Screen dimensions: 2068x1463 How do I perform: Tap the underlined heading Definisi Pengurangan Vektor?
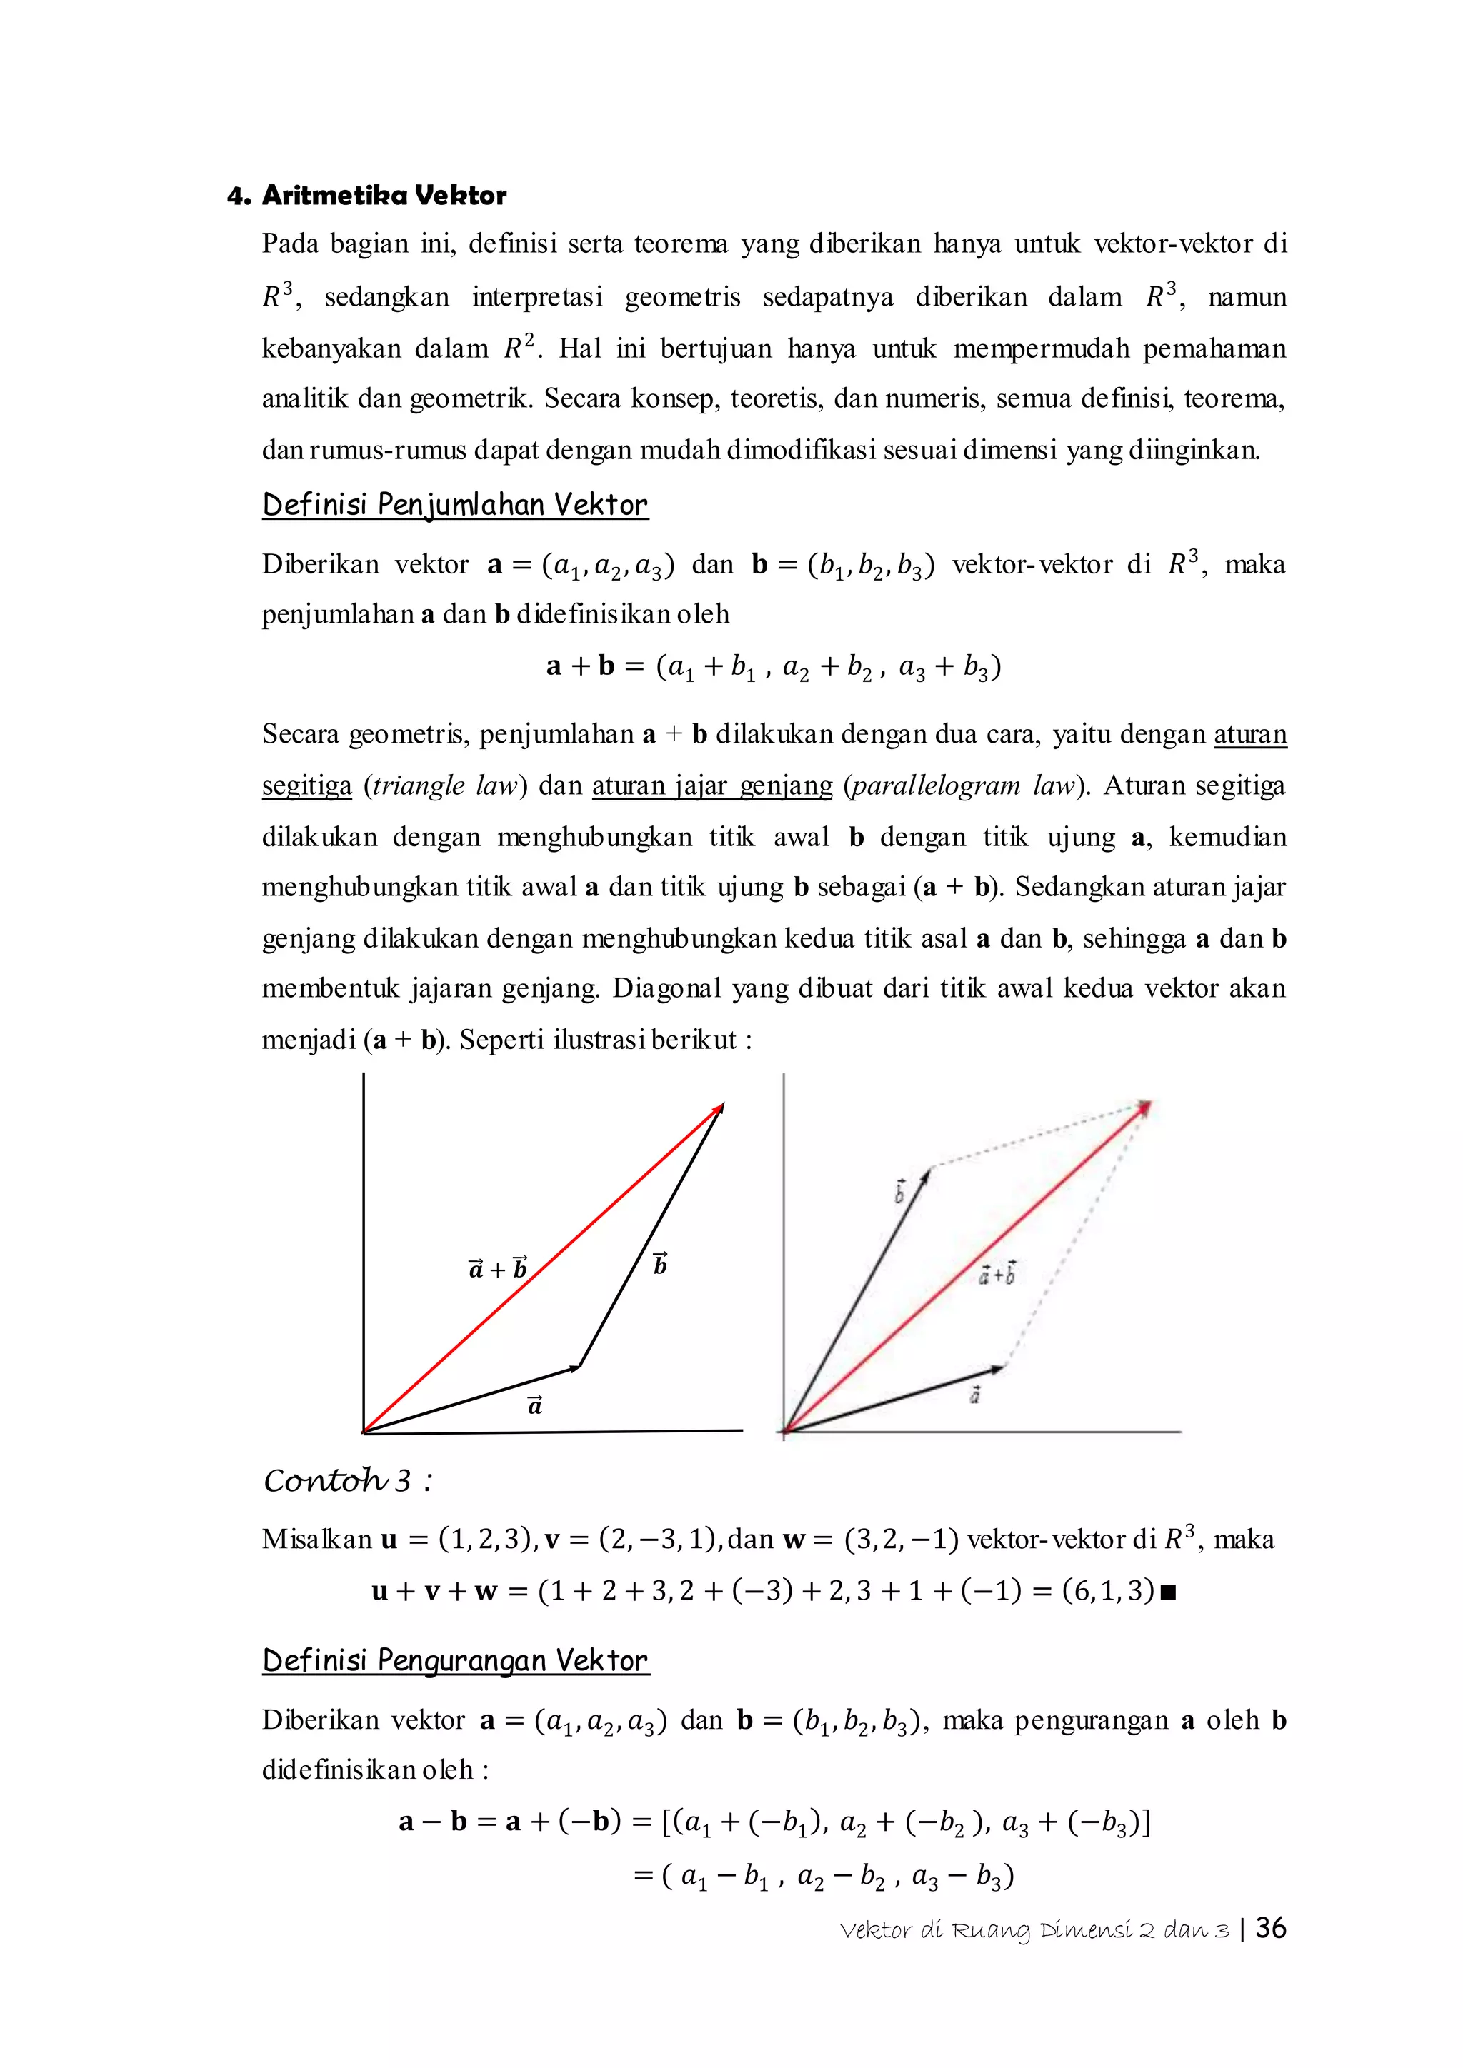pos(455,1660)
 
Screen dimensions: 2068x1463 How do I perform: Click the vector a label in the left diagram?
pos(535,1405)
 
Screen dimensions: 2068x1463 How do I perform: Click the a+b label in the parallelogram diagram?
pos(997,1274)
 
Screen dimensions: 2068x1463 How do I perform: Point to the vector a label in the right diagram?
pos(974,1395)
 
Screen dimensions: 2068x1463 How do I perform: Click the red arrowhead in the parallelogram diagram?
pos(1144,1108)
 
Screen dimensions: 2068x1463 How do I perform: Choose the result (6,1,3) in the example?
pos(1107,1590)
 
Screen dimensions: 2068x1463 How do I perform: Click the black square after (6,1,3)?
pos(1169,1592)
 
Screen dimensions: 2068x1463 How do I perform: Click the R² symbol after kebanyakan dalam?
pos(518,348)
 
